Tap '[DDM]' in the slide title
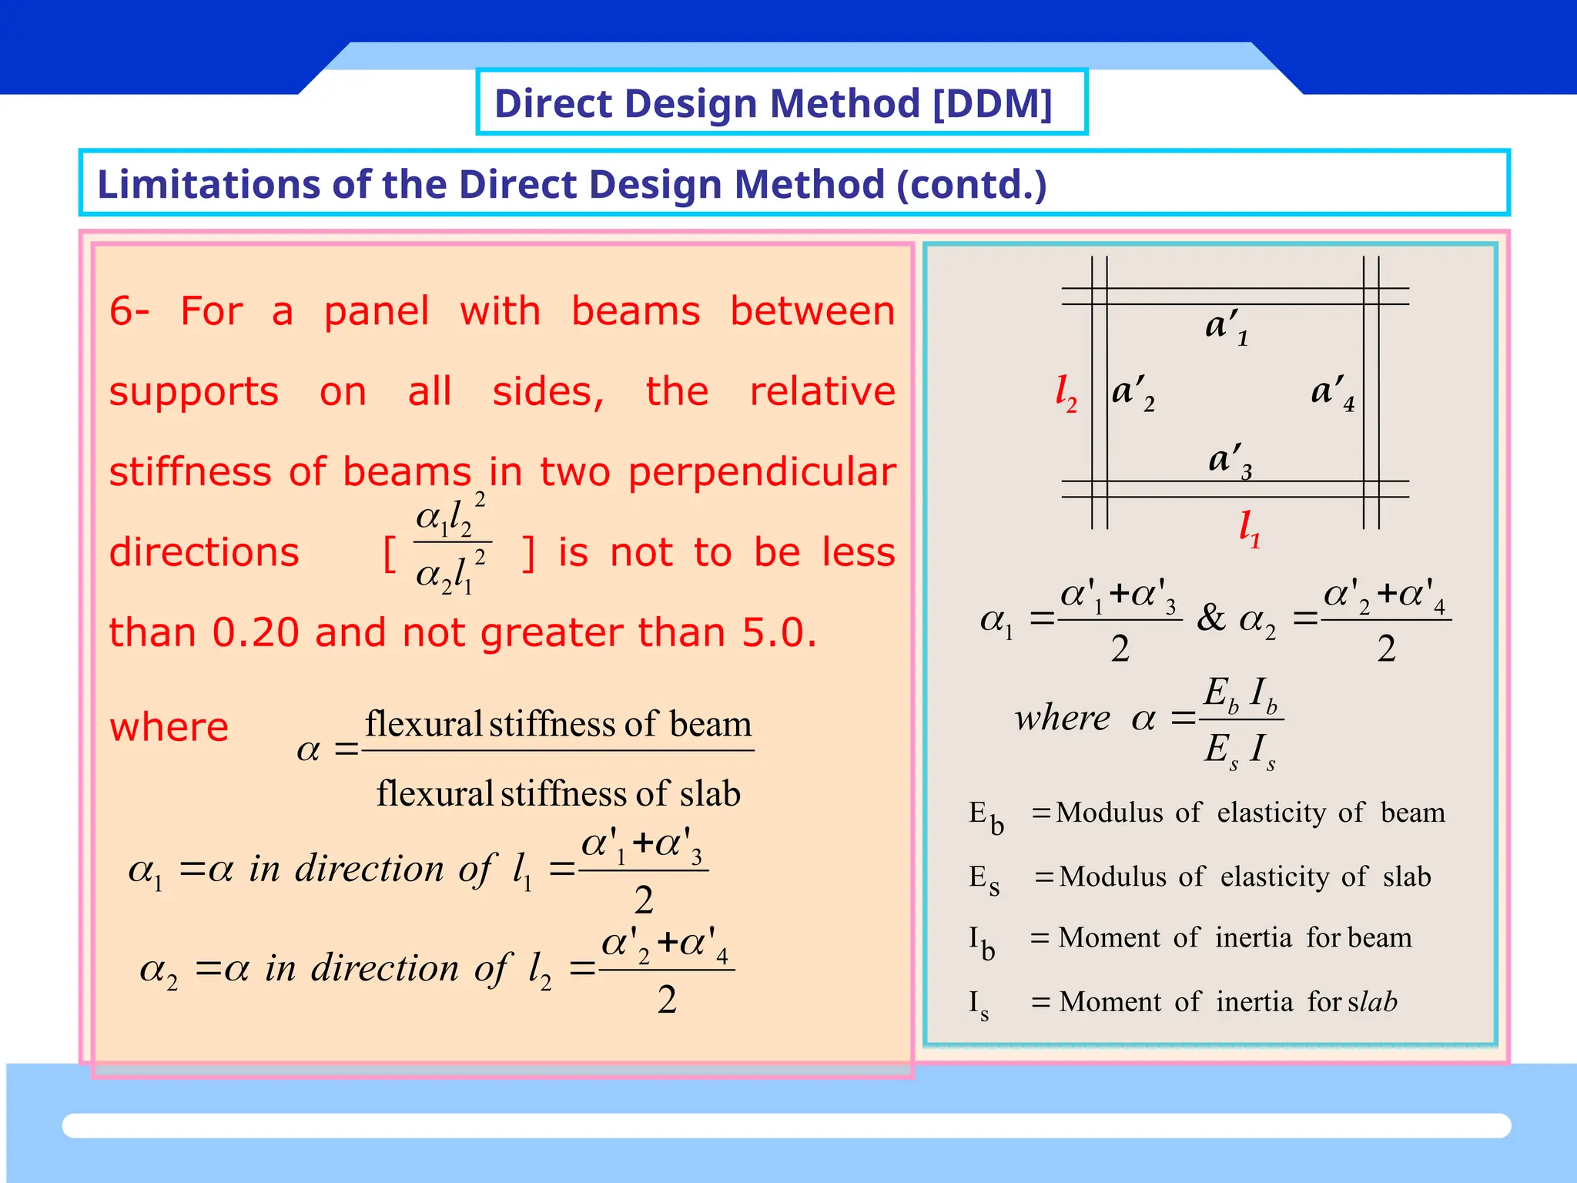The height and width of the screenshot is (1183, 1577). [x=992, y=103]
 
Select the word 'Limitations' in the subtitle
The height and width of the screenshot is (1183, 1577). [x=208, y=185]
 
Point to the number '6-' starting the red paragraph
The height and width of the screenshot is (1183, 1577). [x=129, y=311]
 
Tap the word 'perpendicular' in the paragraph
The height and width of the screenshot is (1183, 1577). [x=762, y=472]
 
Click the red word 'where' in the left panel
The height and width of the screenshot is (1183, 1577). [x=169, y=727]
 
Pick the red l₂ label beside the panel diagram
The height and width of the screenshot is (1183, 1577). [x=1066, y=394]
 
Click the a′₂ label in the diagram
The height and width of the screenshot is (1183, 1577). [x=1133, y=394]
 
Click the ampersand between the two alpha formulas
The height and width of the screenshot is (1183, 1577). [x=1211, y=618]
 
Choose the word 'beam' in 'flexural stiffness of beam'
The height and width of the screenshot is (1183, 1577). [x=710, y=725]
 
